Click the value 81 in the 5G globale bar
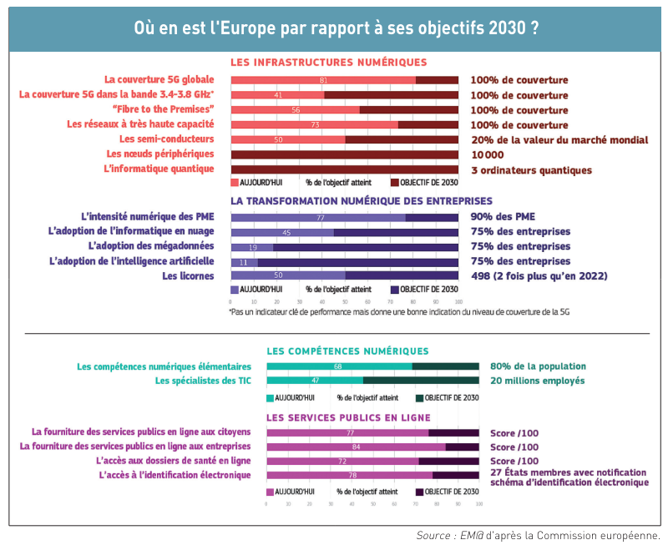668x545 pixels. pos(323,80)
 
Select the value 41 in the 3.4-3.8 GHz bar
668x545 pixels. pos(278,95)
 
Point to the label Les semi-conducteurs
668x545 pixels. pos(166,139)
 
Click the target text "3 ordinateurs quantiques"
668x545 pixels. pos(531,170)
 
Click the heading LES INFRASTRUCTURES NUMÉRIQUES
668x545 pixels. pos(328,63)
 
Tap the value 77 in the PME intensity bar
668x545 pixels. pos(320,218)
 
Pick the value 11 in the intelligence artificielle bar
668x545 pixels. pos(244,262)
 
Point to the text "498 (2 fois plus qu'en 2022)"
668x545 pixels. pos(539,276)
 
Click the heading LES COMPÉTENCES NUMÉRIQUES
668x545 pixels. pos(347,351)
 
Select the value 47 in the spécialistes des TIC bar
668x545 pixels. pos(315,381)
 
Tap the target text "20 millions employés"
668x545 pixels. pos(537,381)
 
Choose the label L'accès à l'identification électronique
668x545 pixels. pos(174,476)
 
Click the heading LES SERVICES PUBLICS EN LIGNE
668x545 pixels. pos(348,417)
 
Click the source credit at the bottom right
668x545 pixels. pos(538,535)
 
